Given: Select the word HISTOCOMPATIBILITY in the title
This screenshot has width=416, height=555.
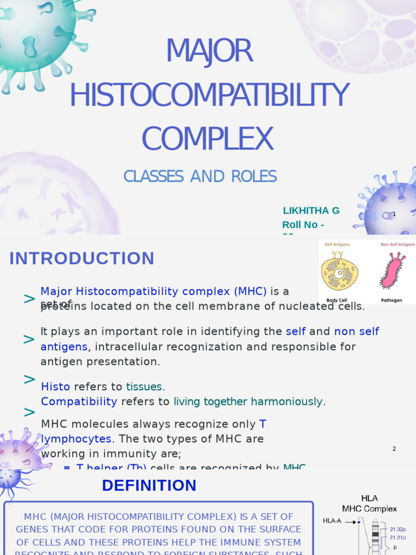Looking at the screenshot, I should tap(209, 95).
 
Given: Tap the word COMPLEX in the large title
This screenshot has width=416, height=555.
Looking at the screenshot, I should tap(207, 138).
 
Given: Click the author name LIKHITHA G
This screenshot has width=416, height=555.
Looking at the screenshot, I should tap(311, 211).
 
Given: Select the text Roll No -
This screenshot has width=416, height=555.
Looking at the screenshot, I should tap(303, 225).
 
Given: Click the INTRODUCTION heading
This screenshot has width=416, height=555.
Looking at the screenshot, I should tap(82, 259).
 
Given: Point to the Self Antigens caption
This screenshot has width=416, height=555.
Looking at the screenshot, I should tap(337, 245).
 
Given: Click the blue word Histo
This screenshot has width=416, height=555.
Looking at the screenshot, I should tap(56, 387).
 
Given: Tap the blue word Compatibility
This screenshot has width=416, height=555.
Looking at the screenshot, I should tap(79, 402).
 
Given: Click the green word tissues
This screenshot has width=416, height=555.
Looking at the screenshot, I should tap(144, 387).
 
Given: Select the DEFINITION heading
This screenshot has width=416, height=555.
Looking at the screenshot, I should tap(149, 486).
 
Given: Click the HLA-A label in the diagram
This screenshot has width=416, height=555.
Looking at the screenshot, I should tap(332, 521).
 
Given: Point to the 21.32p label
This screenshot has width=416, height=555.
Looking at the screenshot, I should tap(398, 529).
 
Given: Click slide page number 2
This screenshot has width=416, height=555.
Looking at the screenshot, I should tap(394, 449).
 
